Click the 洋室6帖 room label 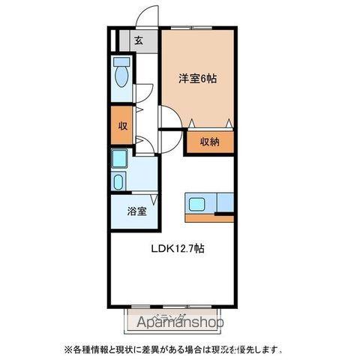click(198, 78)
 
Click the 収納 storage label click(210, 142)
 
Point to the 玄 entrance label click(139, 41)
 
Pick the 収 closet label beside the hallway click(120, 125)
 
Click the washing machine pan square click(119, 160)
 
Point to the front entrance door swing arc click(148, 16)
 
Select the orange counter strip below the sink click(209, 219)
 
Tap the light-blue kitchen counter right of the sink click(225, 202)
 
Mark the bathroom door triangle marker click(153, 199)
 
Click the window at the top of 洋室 click(199, 28)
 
